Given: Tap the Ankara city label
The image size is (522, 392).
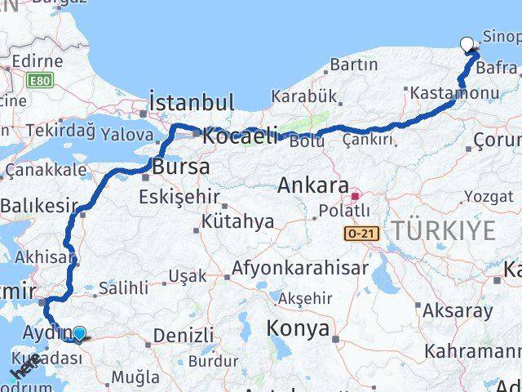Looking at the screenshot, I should tap(313, 185).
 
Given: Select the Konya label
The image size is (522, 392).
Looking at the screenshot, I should tap(298, 328).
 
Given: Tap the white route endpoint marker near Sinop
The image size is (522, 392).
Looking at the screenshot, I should tap(467, 46).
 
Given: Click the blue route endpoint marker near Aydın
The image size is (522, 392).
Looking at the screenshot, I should tap(79, 333).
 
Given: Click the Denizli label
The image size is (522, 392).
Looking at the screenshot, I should tap(184, 335).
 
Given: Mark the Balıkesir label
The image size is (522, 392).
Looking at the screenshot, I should tap(38, 206).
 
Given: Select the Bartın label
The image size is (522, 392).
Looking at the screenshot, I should tap(354, 64).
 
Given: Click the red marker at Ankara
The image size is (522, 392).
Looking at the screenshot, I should tap(355, 197).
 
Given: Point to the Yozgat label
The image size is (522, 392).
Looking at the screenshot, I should tap(489, 196).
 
